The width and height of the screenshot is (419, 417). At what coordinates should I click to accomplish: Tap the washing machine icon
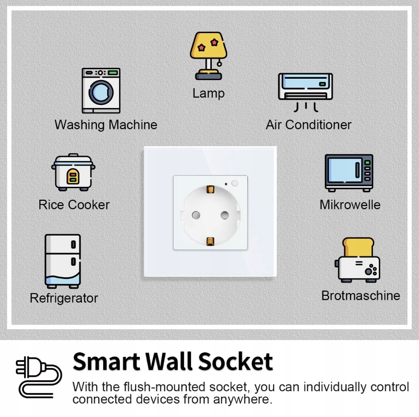[x=101, y=90]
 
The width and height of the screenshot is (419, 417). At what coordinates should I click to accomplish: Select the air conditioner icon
[x=305, y=90]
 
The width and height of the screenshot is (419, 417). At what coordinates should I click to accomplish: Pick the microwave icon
[x=349, y=173]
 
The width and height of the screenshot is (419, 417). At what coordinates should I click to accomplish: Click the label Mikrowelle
[x=350, y=205]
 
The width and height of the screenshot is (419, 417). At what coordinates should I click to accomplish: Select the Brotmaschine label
[x=361, y=296]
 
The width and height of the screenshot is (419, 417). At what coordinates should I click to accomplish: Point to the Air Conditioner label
[x=309, y=125]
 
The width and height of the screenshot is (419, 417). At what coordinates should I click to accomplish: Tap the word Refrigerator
[x=64, y=299]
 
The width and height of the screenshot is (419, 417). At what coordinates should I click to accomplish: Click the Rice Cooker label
[x=74, y=205]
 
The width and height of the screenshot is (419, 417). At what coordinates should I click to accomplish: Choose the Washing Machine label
[x=106, y=125]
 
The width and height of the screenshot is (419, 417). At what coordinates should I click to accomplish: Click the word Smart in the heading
[x=106, y=362]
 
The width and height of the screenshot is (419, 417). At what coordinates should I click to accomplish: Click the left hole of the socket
[x=196, y=215]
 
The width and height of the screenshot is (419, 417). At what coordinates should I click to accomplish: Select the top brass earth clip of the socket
[x=210, y=189]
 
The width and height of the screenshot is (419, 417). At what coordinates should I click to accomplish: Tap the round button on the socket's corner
[x=235, y=183]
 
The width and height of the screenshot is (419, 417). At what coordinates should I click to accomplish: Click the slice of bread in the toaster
[x=358, y=247]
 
